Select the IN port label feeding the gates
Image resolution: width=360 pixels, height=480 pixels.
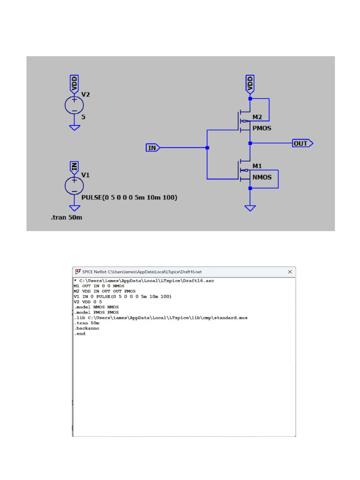153,148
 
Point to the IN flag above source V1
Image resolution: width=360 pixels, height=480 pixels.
74,166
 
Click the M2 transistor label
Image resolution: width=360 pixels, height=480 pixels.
257,117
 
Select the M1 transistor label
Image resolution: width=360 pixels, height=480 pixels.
257,166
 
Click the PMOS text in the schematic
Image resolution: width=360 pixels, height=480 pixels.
262,128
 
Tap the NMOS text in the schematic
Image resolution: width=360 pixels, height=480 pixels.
262,178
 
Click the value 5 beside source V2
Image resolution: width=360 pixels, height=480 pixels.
83,117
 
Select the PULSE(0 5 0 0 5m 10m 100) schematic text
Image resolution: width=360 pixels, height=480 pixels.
129,198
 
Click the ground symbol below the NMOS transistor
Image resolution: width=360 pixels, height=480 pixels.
250,208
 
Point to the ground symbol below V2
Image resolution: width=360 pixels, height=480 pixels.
74,127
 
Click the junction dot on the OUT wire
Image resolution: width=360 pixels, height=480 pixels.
250,143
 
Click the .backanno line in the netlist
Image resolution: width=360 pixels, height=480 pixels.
86,328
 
